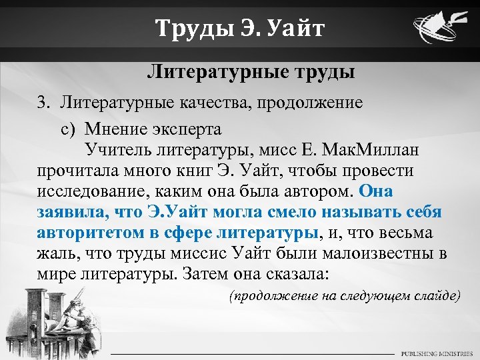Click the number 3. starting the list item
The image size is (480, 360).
point(44,103)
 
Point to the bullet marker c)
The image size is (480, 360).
point(70,127)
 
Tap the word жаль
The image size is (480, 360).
point(54,255)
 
